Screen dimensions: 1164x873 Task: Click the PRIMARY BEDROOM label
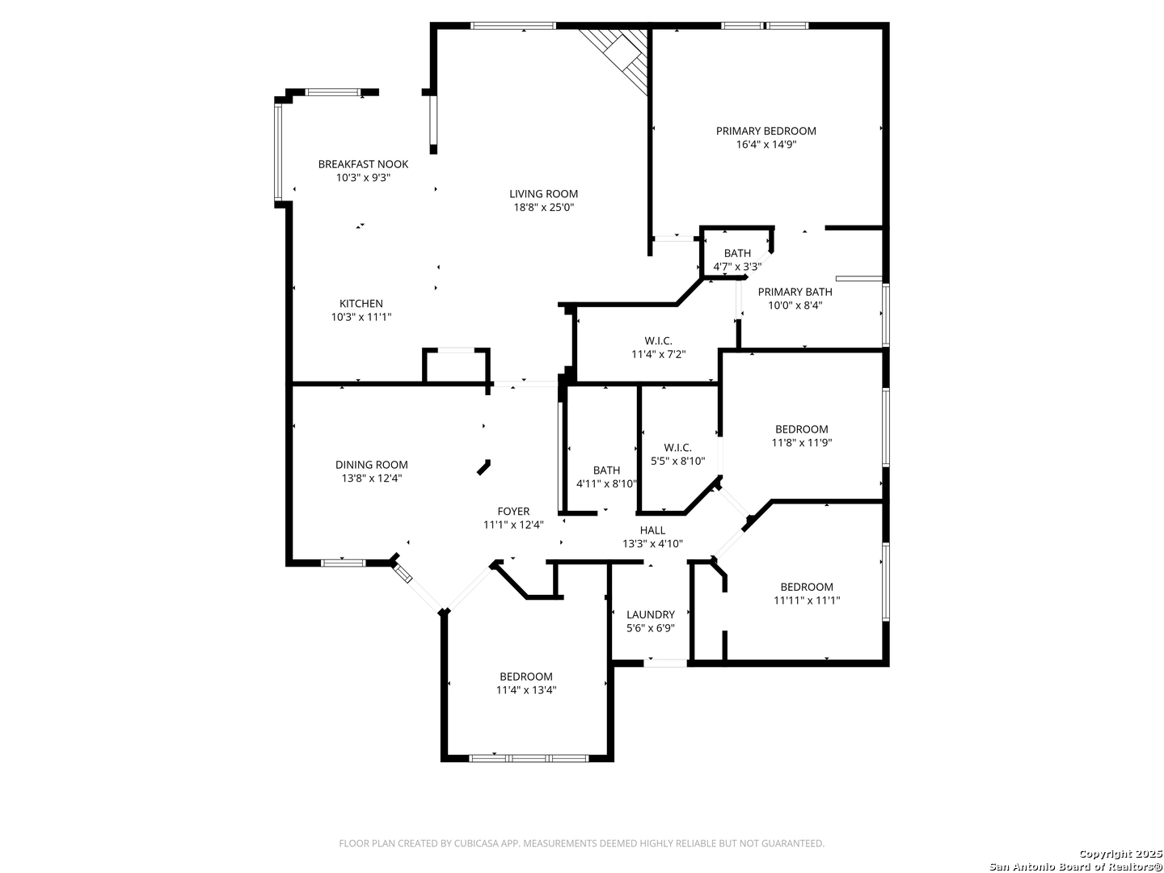pos(765,131)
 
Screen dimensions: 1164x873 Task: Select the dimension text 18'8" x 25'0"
pos(543,207)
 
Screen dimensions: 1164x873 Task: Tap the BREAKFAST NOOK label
pos(363,164)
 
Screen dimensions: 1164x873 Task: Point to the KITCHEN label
pos(361,304)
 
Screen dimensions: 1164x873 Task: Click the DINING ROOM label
pos(371,465)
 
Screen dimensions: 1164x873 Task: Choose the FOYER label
pos(513,512)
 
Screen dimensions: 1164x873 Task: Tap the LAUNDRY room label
pos(650,615)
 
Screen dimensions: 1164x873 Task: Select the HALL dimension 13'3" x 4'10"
pos(652,543)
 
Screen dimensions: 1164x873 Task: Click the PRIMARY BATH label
pos(795,292)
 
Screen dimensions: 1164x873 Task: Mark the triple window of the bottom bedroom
pos(529,758)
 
